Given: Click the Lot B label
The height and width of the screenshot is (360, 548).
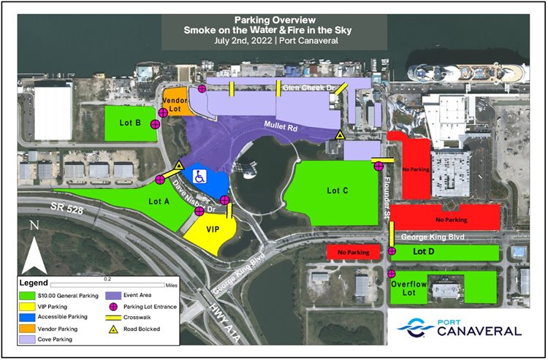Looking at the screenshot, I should [129, 123].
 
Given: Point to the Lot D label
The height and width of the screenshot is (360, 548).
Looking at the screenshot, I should [425, 251].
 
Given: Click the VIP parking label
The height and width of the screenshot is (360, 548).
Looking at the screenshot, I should [213, 230].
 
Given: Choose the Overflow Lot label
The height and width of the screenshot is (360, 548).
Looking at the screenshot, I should [406, 288].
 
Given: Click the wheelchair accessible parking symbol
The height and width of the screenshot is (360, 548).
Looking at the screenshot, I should [199, 176].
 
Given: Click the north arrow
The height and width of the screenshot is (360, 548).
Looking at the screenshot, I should [34, 252].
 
